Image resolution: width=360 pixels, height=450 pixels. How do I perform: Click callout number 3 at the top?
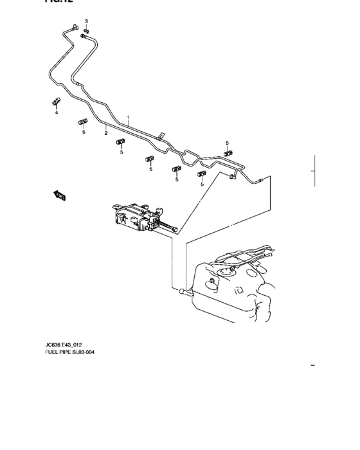(x=87, y=22)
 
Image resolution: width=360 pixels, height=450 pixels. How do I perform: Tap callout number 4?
(x=56, y=113)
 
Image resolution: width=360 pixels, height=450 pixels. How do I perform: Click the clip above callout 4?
(x=56, y=102)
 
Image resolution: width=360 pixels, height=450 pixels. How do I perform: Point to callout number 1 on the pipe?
(x=128, y=118)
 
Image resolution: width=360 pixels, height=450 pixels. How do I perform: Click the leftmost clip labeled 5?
(x=82, y=122)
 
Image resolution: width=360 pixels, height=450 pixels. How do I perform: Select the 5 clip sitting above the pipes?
(x=228, y=153)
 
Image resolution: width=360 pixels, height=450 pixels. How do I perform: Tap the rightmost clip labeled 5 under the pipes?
(x=202, y=174)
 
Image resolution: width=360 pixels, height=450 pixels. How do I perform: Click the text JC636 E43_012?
(x=62, y=345)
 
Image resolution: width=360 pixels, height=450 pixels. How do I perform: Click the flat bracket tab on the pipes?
(x=160, y=136)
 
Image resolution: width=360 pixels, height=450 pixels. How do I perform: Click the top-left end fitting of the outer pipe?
(x=76, y=26)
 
